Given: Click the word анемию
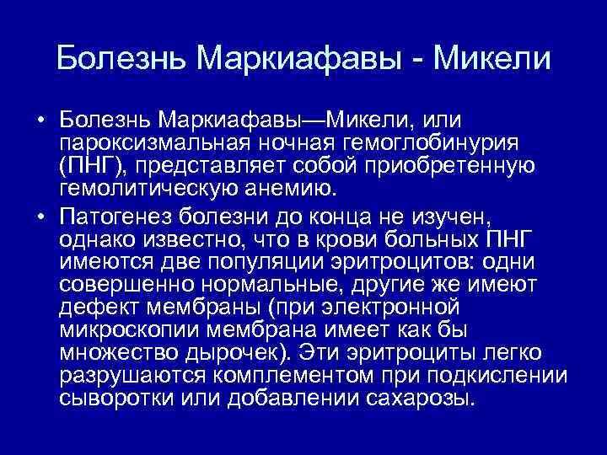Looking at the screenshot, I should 311,185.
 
